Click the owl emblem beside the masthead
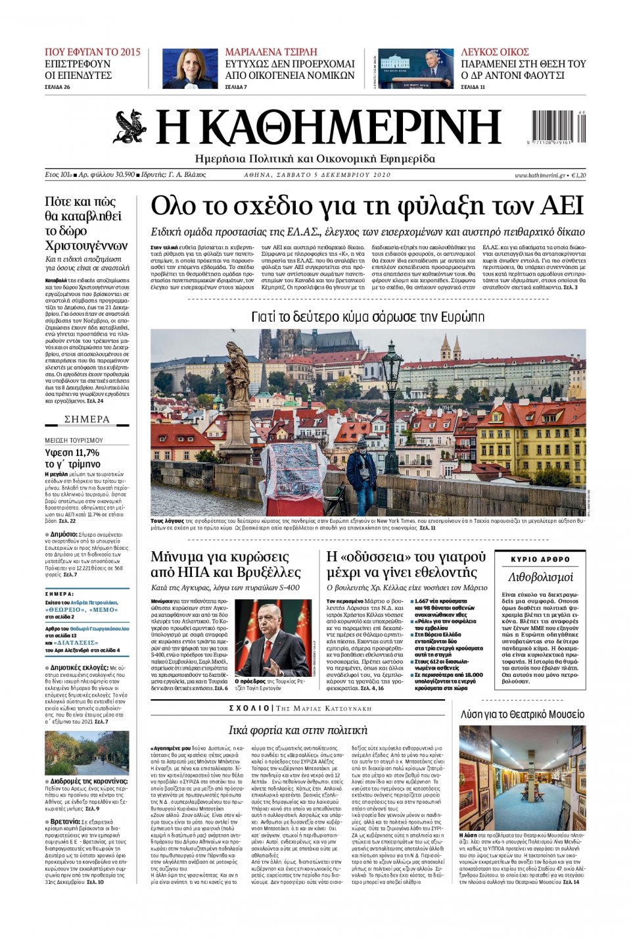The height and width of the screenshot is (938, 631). coord(129,127)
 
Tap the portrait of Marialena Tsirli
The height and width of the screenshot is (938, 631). coord(190,68)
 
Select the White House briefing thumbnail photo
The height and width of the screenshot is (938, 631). coord(415,68)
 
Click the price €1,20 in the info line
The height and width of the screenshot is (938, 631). coord(578,175)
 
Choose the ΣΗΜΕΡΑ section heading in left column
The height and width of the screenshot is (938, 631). coord(87,420)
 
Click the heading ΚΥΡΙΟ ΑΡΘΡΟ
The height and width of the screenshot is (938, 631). coord(540,559)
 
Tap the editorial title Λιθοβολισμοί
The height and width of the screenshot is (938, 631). coord(540,577)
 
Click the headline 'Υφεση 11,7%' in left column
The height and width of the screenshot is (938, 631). coord(72,453)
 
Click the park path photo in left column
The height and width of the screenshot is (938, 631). coord(87,753)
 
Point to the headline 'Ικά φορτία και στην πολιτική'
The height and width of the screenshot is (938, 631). coord(297,729)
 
